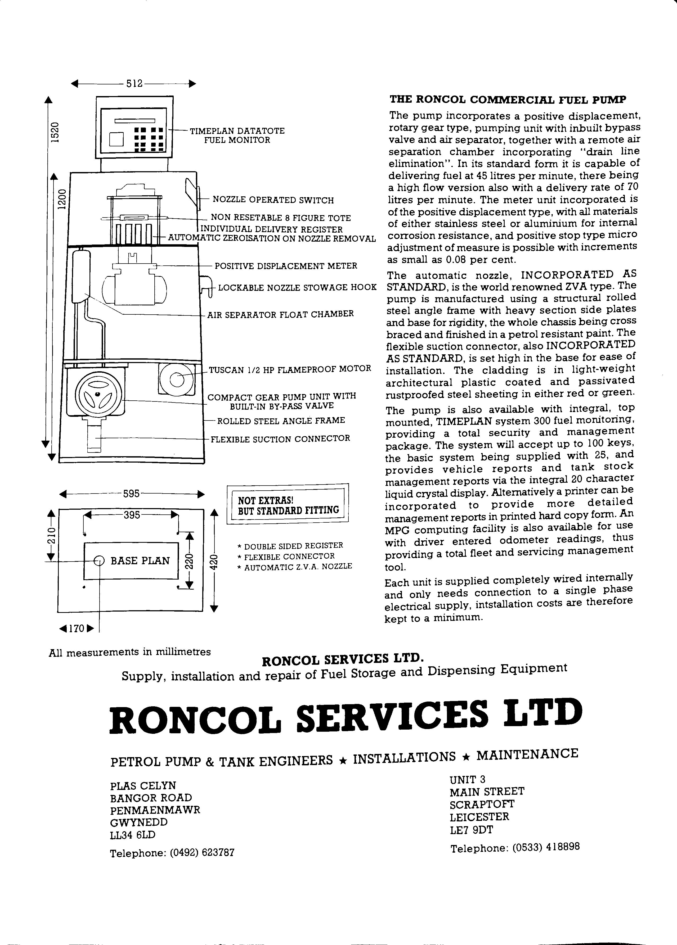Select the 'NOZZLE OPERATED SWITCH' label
[273, 200]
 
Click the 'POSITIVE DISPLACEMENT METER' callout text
[286, 266]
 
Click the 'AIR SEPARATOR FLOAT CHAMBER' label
[280, 314]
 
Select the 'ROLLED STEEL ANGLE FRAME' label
[281, 421]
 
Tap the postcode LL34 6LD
[133, 835]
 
